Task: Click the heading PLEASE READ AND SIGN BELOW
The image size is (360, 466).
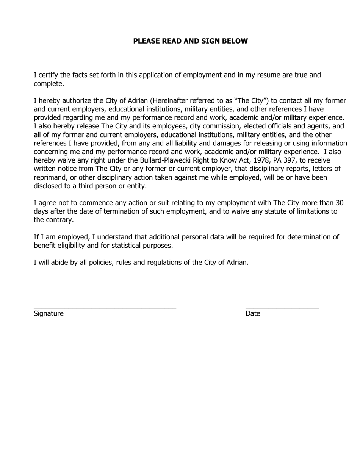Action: tap(190, 41)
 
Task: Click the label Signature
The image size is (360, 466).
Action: tap(49, 314)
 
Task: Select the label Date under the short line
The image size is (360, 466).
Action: tap(253, 314)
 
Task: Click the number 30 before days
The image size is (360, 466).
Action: tap(340, 203)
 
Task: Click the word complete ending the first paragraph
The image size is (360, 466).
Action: tap(48, 84)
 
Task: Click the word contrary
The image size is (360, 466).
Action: tap(59, 220)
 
